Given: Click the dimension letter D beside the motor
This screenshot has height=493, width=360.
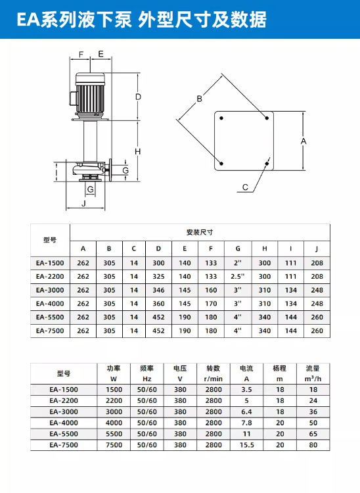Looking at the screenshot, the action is click(x=138, y=97).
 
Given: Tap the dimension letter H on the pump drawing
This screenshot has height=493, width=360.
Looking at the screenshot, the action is click(x=137, y=152).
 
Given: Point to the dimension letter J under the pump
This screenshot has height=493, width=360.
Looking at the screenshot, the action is click(x=84, y=203).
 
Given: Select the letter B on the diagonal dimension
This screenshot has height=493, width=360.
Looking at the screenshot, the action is click(x=199, y=99).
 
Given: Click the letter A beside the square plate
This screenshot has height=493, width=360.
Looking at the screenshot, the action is click(x=304, y=141).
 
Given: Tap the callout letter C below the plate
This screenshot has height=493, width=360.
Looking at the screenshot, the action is click(x=245, y=187).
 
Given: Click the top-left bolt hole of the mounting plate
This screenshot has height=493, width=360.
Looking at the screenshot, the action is click(x=221, y=118).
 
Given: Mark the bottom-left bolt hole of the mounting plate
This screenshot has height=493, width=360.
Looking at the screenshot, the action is click(x=221, y=164).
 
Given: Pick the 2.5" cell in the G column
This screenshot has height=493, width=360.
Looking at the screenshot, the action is click(x=238, y=276).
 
